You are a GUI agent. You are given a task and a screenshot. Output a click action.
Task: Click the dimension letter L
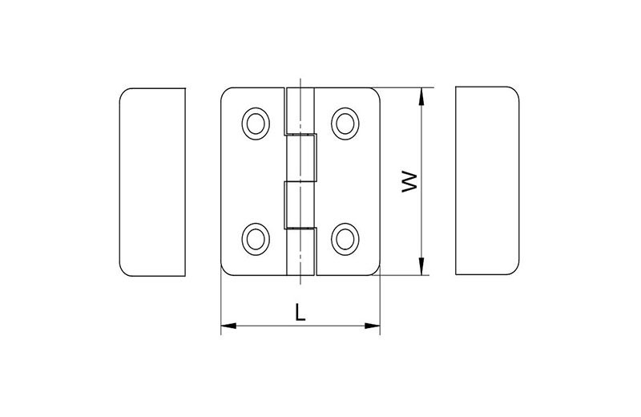pyautogui.click(x=300, y=312)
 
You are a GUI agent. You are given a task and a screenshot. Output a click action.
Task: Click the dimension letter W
pyautogui.click(x=409, y=182)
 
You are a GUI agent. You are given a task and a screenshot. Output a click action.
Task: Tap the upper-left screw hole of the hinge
pyautogui.click(x=256, y=123)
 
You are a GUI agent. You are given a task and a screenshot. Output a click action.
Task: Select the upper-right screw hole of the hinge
pyautogui.click(x=345, y=123)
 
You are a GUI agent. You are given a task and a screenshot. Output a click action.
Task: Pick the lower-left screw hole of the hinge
pyautogui.click(x=256, y=239)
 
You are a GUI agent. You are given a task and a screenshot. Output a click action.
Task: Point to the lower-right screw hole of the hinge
pyautogui.click(x=345, y=239)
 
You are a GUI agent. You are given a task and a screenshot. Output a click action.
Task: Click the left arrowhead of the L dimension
pyautogui.click(x=228, y=326)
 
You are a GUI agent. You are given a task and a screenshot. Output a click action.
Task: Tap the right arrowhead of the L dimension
pyautogui.click(x=373, y=326)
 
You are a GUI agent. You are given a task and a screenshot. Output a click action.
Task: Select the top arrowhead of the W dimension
pyautogui.click(x=422, y=95)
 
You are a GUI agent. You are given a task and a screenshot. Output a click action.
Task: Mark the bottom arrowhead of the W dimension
pyautogui.click(x=422, y=267)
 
